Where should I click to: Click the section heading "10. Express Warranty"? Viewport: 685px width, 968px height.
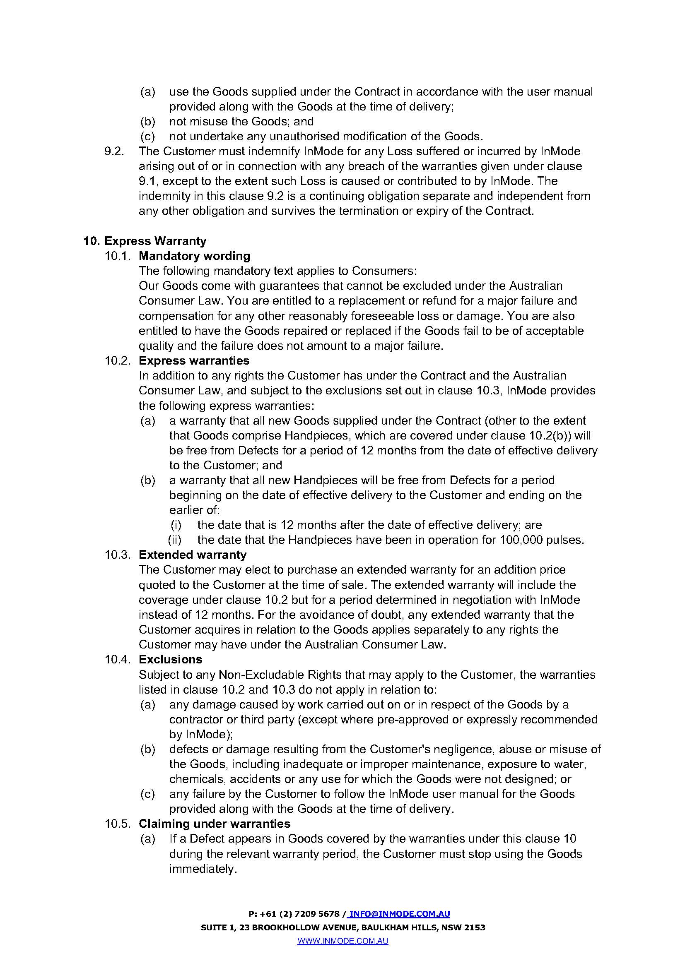145,241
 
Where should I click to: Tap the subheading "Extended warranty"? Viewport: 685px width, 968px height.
192,555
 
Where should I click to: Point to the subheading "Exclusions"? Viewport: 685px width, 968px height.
170,659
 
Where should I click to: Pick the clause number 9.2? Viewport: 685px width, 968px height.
114,151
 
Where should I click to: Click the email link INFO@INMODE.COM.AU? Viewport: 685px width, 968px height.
399,914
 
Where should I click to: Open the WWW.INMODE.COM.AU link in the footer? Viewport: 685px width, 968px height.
342,941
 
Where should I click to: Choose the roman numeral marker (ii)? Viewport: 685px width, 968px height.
175,540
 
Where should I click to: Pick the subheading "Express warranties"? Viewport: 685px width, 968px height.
194,360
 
